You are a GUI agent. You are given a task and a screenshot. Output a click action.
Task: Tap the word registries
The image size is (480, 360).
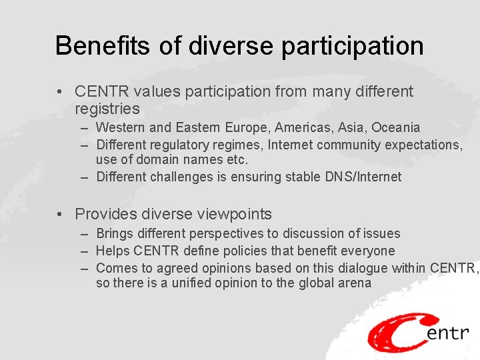[x=107, y=109]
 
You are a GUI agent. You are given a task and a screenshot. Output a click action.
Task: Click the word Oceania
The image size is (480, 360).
[x=396, y=127]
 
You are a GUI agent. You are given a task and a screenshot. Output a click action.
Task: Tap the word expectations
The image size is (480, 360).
[x=424, y=145]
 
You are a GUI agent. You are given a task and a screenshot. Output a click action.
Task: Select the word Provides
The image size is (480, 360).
[x=104, y=214]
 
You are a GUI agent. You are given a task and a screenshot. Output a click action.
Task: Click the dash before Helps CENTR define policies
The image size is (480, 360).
[x=85, y=251]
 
